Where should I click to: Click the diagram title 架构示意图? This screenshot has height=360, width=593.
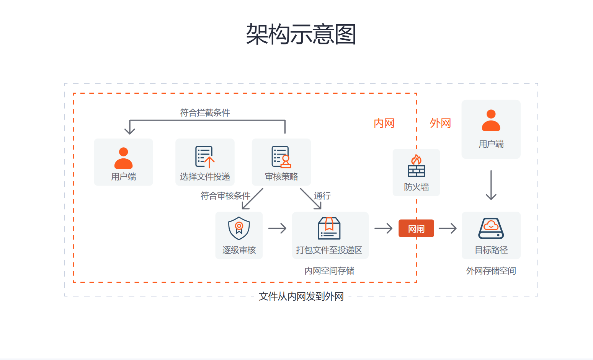click(301, 34)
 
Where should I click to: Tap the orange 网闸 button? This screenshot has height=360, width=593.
click(416, 229)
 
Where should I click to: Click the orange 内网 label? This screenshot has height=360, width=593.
click(384, 123)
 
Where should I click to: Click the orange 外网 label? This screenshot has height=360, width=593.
click(440, 123)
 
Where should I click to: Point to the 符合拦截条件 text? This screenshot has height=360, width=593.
click(205, 113)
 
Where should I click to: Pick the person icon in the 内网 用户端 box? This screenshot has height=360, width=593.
click(123, 158)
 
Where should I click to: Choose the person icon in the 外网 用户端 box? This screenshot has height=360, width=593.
click(491, 121)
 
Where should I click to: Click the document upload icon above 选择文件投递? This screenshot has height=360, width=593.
click(204, 157)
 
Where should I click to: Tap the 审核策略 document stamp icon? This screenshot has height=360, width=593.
click(281, 157)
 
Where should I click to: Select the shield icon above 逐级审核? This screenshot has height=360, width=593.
click(239, 228)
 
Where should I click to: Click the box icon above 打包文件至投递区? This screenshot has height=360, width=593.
click(329, 228)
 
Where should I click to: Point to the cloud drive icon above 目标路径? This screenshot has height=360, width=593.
click(491, 228)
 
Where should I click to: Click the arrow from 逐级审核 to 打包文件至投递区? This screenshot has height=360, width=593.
click(278, 228)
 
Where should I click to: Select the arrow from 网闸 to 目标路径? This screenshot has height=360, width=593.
click(448, 228)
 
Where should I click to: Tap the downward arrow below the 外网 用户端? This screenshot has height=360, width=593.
click(491, 186)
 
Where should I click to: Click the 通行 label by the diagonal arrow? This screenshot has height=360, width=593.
click(322, 196)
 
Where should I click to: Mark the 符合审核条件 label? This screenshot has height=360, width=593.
click(225, 196)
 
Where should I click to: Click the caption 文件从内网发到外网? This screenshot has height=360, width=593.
click(301, 296)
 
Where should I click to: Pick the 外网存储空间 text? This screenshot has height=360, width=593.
click(491, 271)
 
